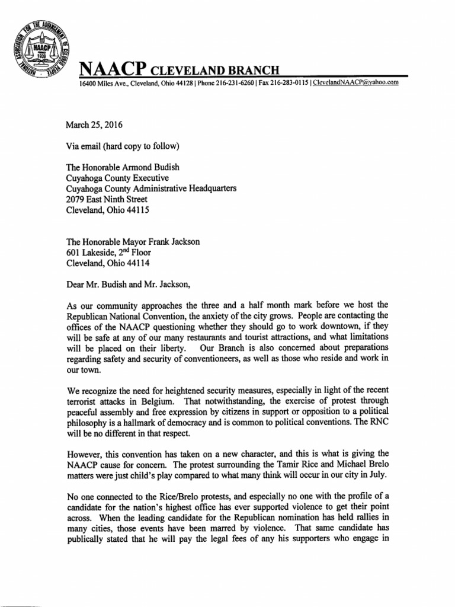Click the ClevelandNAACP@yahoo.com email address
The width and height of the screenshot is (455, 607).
[355, 83]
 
